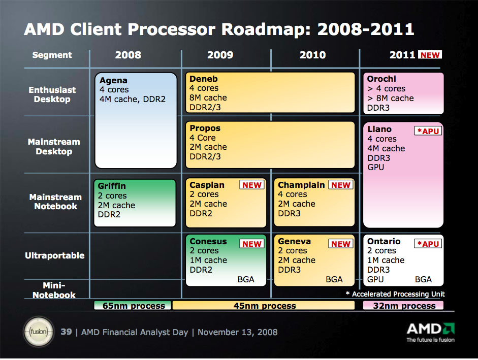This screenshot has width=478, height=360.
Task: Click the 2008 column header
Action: coord(128,55)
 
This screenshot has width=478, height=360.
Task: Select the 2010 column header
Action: coord(312,55)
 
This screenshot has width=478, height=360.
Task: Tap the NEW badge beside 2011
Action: coord(430,55)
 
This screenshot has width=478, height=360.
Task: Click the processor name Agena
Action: coord(113,80)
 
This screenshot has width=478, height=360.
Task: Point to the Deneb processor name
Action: coord(203,79)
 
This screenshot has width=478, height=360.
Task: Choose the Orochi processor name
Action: coord(381,79)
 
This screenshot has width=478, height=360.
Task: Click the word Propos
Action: coord(205,128)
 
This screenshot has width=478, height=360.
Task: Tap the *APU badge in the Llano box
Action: coord(428,131)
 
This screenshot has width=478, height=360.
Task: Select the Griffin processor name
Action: coord(112,186)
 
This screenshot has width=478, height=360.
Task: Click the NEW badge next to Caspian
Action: coord(252,185)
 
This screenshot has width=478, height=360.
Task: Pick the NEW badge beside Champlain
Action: coord(341,185)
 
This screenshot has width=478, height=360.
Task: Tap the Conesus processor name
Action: coord(208,242)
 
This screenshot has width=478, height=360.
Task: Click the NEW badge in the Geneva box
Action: coord(341,244)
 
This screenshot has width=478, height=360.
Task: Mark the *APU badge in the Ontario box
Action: coord(428,244)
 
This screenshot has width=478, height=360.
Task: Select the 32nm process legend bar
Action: coord(404,306)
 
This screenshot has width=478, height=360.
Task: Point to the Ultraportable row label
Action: coord(55,255)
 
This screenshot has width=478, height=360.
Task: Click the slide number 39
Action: coord(66,332)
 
